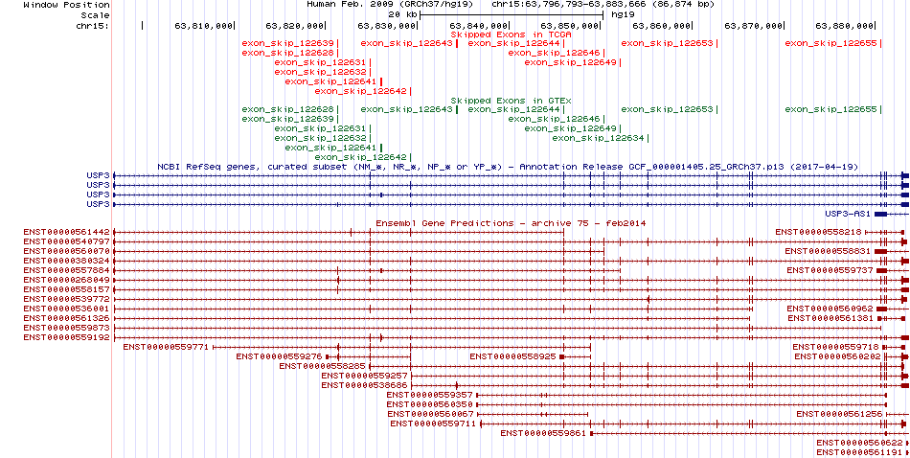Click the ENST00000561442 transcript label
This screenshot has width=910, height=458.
coord(67,232)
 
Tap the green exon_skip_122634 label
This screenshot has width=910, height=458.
coord(599,138)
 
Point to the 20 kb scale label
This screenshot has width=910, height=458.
coord(402,14)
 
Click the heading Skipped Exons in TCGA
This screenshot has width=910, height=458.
coord(512,34)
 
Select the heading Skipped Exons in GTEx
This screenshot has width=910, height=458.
coord(512,101)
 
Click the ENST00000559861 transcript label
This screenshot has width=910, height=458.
coord(544,433)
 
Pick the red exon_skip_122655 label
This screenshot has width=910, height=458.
coord(831,43)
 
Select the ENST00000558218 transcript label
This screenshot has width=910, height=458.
coord(819,232)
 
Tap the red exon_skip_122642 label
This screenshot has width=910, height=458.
coord(361,91)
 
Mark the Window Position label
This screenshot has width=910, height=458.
coord(67,5)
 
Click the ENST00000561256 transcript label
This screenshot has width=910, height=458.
coord(840,414)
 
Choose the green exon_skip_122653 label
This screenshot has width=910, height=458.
coord(668,109)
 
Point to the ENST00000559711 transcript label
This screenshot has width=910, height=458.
coord(434,424)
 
